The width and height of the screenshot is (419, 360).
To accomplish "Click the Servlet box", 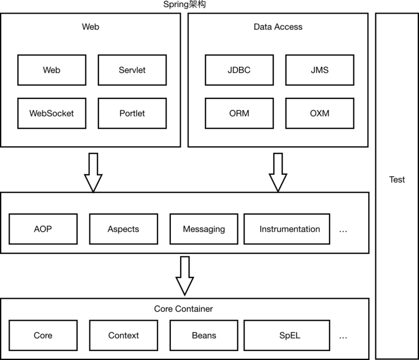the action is click(x=133, y=70).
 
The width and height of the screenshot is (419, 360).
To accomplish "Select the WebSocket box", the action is click(x=51, y=113).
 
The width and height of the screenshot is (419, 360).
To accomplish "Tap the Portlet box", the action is click(x=133, y=113).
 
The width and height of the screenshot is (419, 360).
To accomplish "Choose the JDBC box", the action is click(x=239, y=70).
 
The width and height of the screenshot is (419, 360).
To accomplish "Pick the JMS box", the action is click(x=319, y=70).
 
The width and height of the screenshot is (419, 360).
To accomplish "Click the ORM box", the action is click(x=239, y=113).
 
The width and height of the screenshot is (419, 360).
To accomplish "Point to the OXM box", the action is click(x=319, y=113).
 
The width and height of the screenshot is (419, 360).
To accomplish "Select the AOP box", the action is click(x=43, y=229).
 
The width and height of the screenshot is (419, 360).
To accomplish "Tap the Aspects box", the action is click(x=124, y=229).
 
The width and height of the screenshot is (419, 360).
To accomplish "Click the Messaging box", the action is click(x=204, y=229).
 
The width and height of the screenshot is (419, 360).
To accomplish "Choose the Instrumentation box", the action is click(x=286, y=229).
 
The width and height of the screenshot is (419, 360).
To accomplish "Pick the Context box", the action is click(x=124, y=335).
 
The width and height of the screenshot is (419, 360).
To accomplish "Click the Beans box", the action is click(x=204, y=335).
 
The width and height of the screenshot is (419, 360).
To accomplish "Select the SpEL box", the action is click(x=286, y=335).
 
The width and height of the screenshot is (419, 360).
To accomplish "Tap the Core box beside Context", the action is click(x=43, y=335).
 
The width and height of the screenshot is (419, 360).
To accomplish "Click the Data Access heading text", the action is click(x=278, y=27).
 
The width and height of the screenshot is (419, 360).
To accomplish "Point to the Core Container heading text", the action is click(x=183, y=309).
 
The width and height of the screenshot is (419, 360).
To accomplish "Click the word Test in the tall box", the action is click(x=397, y=179).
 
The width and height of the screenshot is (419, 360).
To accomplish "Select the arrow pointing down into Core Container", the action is click(x=185, y=276).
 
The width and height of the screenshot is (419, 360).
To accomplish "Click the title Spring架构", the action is click(x=184, y=5).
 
